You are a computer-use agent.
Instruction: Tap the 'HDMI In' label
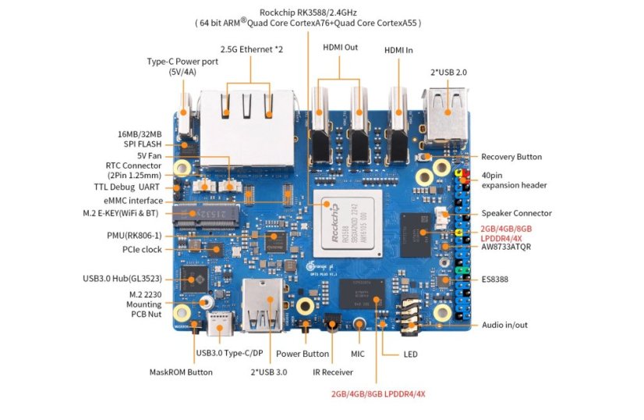[x=398, y=50]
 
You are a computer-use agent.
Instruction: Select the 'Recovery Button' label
[x=511, y=157]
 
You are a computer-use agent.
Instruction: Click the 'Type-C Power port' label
[x=172, y=66]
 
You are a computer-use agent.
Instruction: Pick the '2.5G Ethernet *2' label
[x=250, y=49]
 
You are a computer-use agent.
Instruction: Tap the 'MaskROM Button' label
[x=181, y=372]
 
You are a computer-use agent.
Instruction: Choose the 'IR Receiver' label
[x=334, y=372]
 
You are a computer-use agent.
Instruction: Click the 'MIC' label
[x=358, y=354]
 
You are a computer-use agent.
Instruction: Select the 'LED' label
[x=410, y=354]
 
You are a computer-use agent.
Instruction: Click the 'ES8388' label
[x=495, y=278]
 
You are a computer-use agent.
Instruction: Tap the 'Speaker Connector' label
[x=516, y=213]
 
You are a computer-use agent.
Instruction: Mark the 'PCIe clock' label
[x=141, y=249]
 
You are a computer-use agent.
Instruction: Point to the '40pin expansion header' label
[x=514, y=180]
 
